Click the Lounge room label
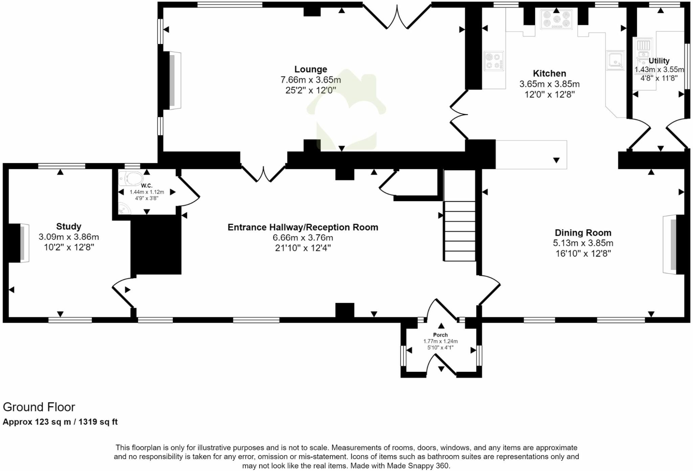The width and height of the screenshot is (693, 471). [x=310, y=69]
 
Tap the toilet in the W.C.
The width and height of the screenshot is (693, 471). [x=131, y=178]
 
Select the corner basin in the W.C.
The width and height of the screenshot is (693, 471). [x=124, y=209]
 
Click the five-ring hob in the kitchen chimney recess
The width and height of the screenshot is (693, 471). [x=556, y=19]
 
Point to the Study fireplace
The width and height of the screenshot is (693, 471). [x=20, y=243]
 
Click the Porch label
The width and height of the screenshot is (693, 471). [x=440, y=335]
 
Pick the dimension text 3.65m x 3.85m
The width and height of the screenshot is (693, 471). [x=549, y=84]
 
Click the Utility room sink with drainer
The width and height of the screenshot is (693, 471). [x=643, y=51]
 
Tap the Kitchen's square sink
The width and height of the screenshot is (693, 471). [x=615, y=60]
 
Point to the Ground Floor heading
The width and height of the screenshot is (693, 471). [x=39, y=407]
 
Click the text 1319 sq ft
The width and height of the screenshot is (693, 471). [x=98, y=422]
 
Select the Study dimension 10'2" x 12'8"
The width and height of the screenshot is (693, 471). [x=69, y=248]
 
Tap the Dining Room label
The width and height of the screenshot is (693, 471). [x=583, y=233]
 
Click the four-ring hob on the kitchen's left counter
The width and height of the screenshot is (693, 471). [x=494, y=61]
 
